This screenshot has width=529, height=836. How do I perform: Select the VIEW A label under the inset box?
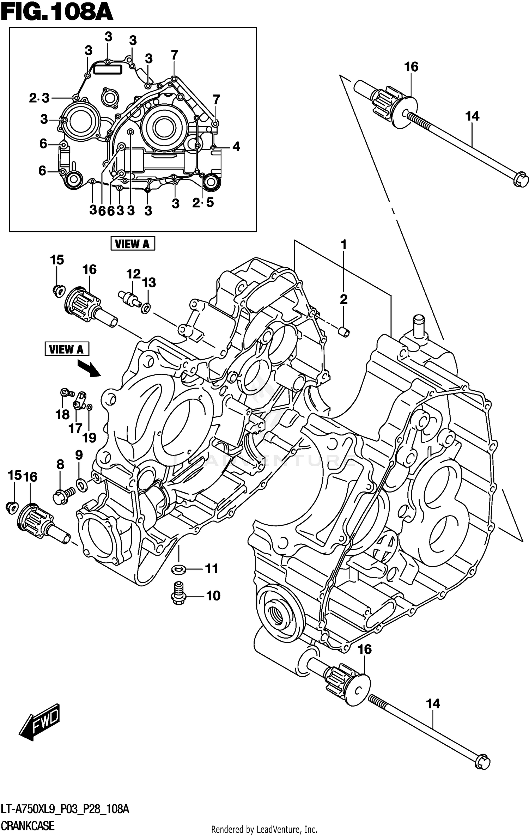(133, 244)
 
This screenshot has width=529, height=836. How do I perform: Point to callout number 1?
(343, 245)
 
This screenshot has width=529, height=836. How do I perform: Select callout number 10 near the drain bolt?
(213, 596)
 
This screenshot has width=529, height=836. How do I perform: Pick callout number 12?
(133, 274)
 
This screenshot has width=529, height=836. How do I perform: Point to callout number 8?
(60, 464)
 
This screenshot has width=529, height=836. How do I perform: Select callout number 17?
(75, 428)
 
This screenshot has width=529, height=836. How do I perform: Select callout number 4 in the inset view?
(236, 147)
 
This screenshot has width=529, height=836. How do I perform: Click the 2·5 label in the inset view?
(203, 202)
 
